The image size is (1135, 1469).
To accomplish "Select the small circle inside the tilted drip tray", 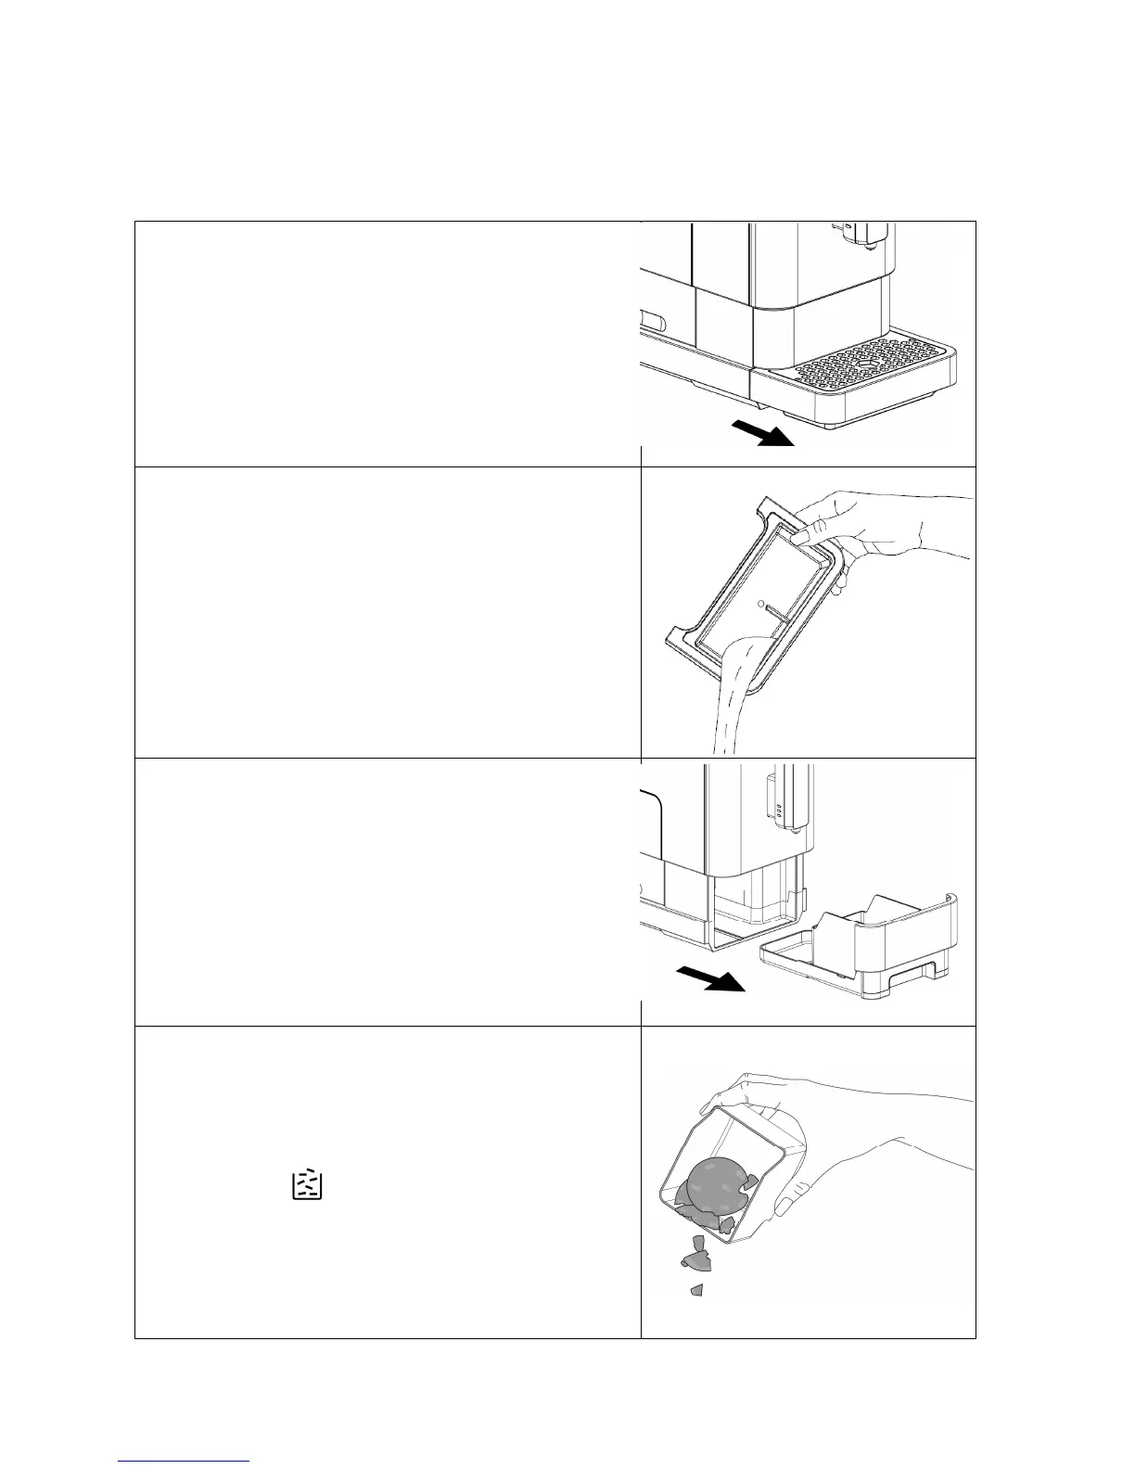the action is (x=761, y=604).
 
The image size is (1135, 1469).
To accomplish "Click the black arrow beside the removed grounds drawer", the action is (x=709, y=977).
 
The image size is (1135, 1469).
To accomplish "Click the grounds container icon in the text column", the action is (x=307, y=1185).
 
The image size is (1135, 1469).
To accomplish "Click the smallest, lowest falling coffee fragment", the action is (x=696, y=1289).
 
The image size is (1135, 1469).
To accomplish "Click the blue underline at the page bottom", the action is (x=185, y=1461).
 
